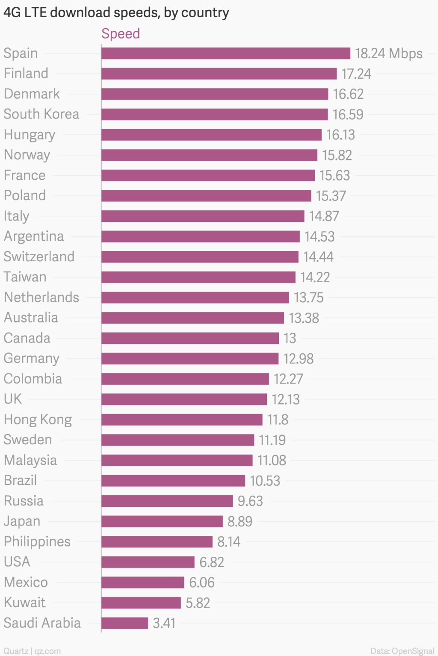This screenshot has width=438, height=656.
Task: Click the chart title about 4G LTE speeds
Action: (x=116, y=13)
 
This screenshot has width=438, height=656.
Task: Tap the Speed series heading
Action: (x=121, y=33)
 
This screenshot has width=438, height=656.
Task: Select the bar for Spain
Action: (x=226, y=53)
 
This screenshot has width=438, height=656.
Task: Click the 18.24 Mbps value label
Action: (x=388, y=53)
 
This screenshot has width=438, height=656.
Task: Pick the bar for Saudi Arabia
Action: (x=125, y=623)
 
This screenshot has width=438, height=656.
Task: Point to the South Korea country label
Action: (x=41, y=114)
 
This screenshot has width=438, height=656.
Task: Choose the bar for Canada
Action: (x=190, y=338)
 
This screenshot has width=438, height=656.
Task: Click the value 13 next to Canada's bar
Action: (x=290, y=338)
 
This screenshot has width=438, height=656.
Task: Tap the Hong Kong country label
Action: (x=38, y=420)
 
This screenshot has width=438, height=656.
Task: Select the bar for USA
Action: (x=148, y=562)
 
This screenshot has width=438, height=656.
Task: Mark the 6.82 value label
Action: (x=212, y=562)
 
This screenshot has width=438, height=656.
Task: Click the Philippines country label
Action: (x=37, y=541)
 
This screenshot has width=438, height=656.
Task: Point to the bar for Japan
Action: (x=162, y=521)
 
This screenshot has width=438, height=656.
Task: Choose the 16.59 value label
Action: (x=348, y=115)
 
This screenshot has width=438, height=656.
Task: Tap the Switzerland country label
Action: (x=39, y=257)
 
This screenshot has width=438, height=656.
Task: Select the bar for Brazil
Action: (x=173, y=481)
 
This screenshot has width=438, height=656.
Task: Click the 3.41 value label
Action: (x=164, y=623)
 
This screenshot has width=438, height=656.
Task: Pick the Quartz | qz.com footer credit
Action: (x=32, y=651)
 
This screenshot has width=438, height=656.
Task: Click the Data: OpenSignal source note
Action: (x=402, y=651)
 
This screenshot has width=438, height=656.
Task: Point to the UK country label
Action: (x=13, y=399)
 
